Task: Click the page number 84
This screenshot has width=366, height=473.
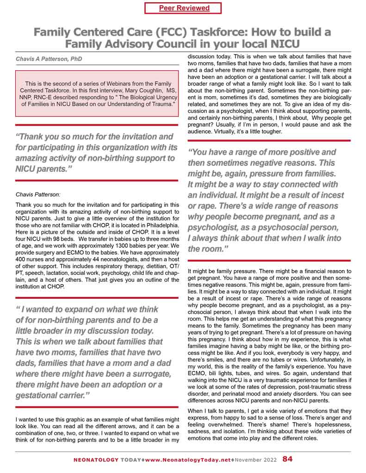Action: tap(287, 460)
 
